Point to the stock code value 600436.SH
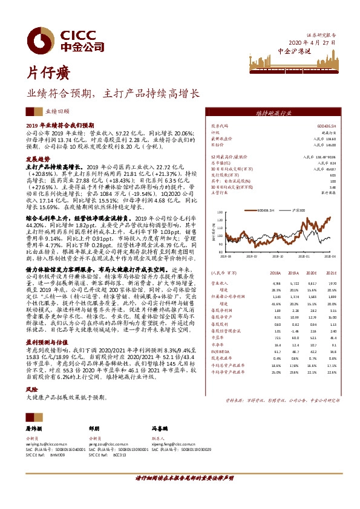(325, 126)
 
